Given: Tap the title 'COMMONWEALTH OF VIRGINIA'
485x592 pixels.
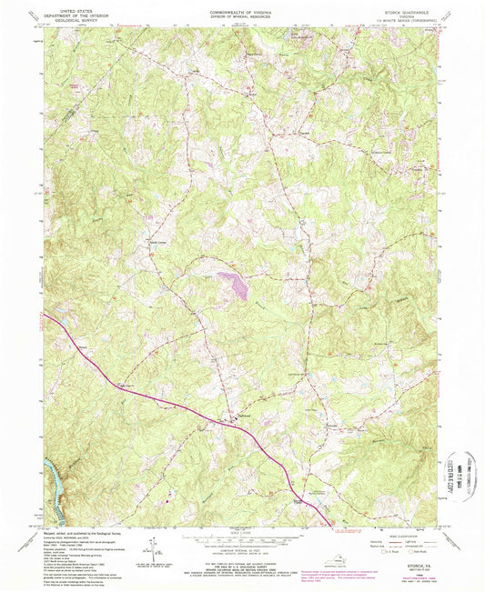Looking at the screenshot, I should [241, 5].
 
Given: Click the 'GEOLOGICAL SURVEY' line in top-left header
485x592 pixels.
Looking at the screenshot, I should [72, 17].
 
